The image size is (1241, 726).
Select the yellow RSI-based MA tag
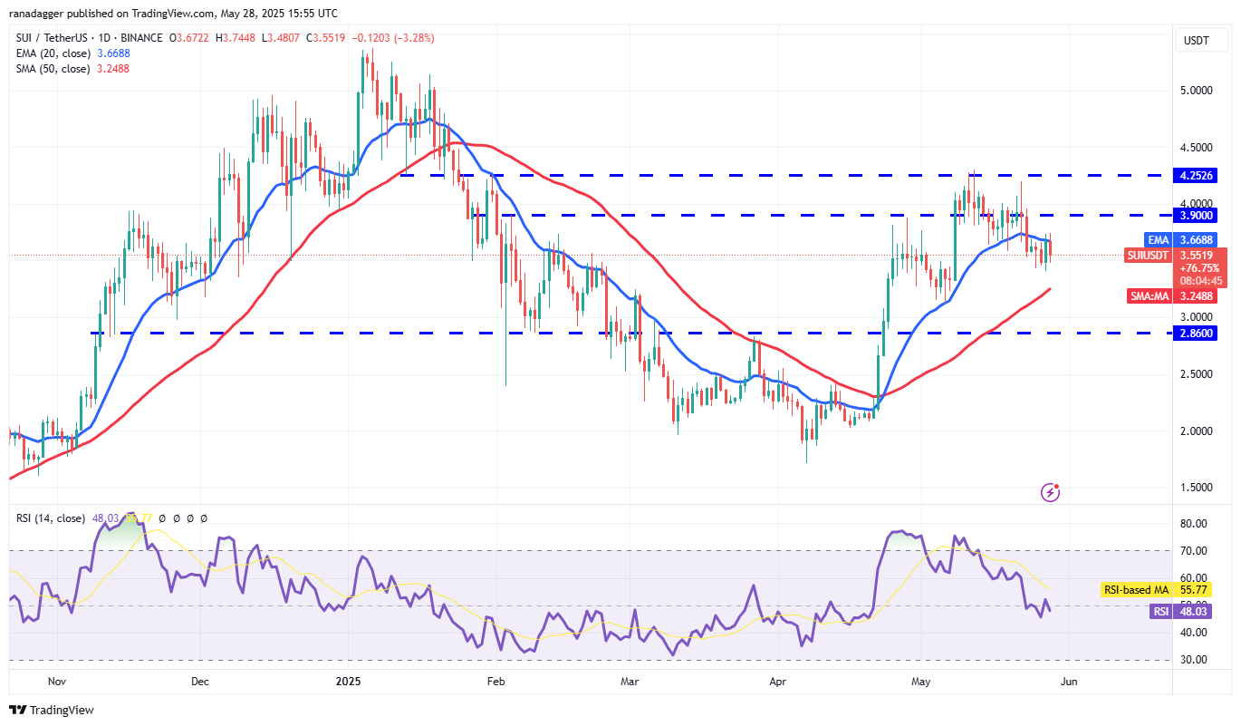tap(1136, 590)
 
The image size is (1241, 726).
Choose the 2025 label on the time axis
tap(349, 681)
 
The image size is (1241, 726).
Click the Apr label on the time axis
tap(776, 681)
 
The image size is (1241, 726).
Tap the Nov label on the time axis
tap(56, 681)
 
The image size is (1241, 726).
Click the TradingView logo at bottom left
tap(52, 710)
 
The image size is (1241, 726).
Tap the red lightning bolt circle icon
tap(1051, 492)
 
